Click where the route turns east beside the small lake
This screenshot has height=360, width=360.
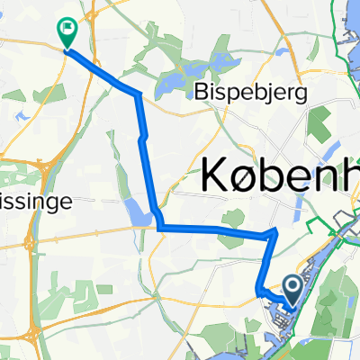pyautogui.click(x=159, y=228)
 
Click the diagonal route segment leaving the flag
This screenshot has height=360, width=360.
pyautogui.click(x=94, y=68)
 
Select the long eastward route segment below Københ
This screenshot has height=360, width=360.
pyautogui.click(x=216, y=231)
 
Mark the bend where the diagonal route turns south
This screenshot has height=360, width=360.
pyautogui.click(x=137, y=94)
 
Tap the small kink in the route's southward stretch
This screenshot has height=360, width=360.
pyautogui.click(x=143, y=137)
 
